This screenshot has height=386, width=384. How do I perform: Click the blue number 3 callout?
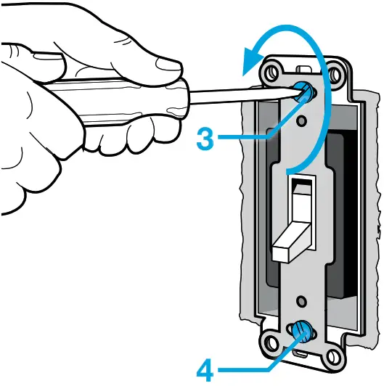pyautogui.click(x=205, y=139)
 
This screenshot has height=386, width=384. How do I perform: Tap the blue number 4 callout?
pyautogui.click(x=206, y=370)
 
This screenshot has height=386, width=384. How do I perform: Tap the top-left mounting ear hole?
pyautogui.click(x=273, y=72)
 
